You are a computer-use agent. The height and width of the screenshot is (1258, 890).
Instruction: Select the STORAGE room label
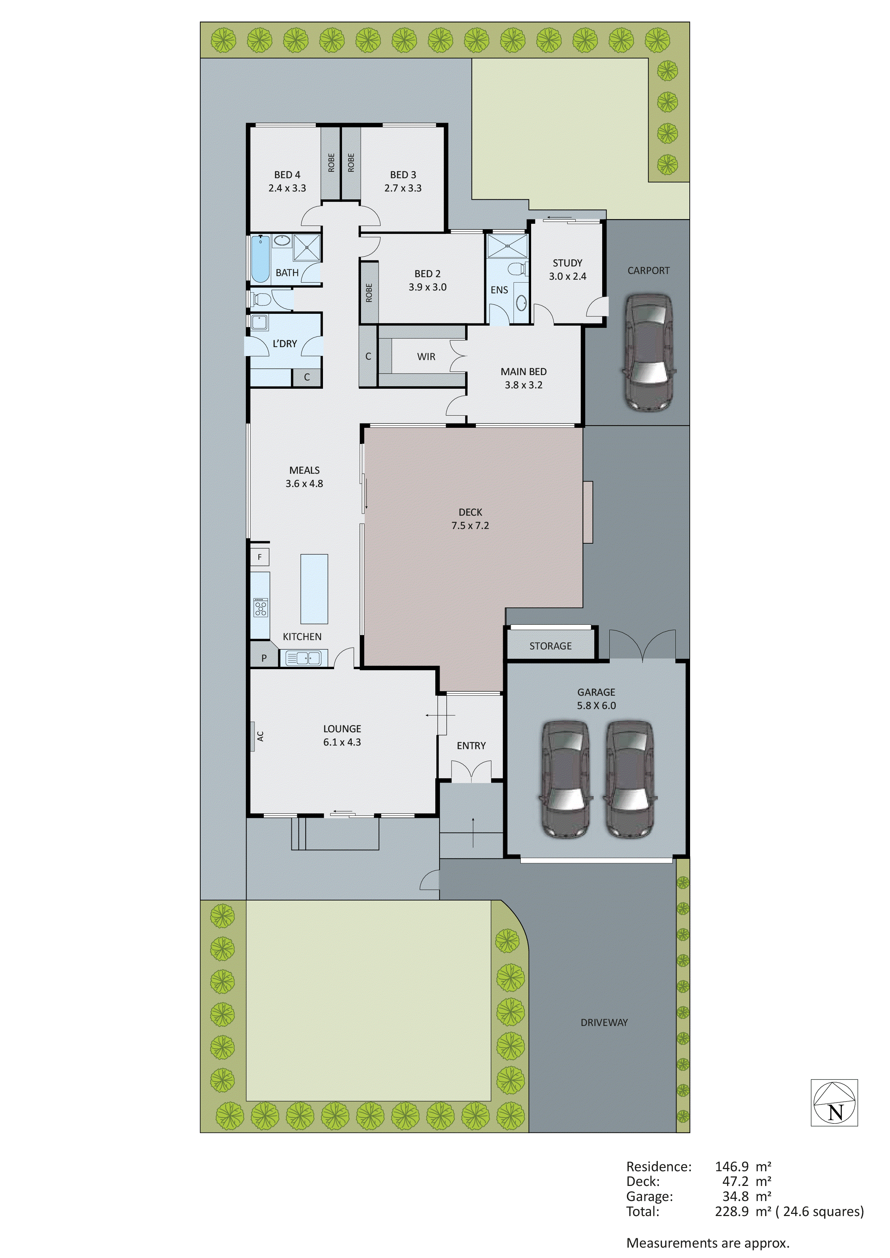(550, 646)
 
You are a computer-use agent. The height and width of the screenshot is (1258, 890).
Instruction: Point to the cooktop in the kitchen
(261, 607)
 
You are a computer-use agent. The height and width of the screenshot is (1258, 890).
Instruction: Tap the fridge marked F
(260, 557)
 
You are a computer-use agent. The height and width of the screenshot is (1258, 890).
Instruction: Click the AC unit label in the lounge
(261, 736)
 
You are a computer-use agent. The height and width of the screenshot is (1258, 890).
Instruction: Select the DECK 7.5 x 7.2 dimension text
(470, 525)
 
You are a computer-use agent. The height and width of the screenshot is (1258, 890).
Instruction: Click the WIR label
(426, 357)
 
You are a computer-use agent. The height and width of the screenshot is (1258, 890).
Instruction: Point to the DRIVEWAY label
(604, 1007)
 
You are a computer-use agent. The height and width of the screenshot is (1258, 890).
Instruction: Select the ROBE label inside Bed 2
(369, 293)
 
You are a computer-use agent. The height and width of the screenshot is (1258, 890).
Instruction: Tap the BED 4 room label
(287, 175)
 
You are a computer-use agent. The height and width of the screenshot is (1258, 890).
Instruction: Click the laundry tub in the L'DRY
(259, 322)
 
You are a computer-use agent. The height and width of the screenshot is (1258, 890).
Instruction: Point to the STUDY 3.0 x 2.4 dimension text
(568, 276)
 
